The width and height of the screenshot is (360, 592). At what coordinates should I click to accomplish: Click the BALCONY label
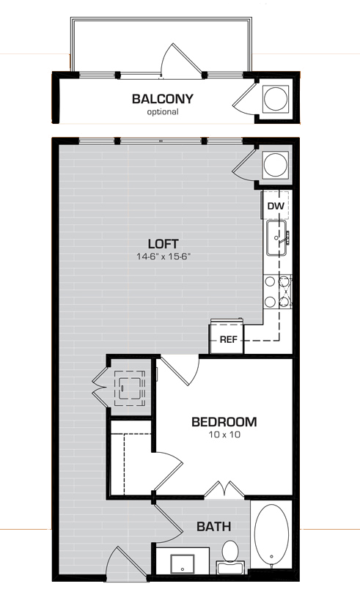(163, 99)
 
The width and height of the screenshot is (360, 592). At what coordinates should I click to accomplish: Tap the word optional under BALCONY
(163, 112)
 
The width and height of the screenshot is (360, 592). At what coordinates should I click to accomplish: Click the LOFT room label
(163, 243)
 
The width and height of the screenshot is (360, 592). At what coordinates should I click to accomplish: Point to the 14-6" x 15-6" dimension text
(163, 256)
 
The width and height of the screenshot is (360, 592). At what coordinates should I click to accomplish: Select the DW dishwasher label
(276, 206)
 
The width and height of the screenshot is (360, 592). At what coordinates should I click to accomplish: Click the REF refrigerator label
(228, 340)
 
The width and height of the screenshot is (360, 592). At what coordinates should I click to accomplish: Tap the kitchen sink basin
(276, 238)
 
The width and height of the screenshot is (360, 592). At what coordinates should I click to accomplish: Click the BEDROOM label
(224, 422)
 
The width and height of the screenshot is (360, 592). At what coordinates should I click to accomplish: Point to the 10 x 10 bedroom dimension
(224, 434)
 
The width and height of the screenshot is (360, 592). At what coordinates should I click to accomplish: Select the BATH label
(214, 526)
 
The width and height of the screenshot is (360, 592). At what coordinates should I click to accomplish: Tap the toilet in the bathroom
(230, 557)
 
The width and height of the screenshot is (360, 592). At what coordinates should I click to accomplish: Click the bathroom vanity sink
(182, 564)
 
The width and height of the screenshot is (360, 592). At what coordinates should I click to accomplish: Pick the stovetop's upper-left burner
(270, 281)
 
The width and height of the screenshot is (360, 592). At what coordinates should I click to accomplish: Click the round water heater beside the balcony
(276, 98)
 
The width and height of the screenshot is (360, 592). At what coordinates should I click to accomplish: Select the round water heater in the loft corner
(276, 164)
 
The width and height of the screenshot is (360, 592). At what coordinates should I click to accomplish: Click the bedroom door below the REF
(180, 371)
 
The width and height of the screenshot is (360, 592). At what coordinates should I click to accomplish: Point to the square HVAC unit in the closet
(130, 388)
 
